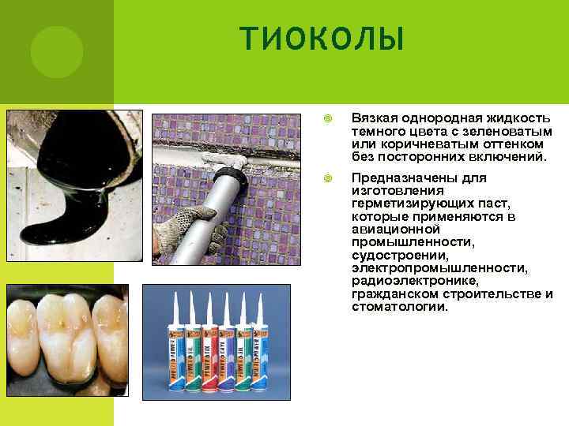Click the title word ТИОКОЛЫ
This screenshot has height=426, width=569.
click(322, 39)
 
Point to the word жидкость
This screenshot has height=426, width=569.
click(518, 118)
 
